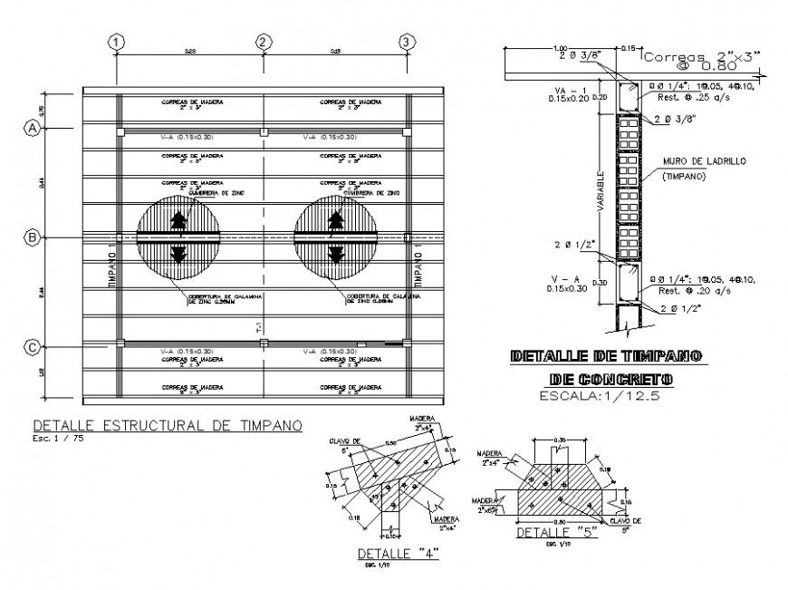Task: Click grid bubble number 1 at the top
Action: tap(118, 42)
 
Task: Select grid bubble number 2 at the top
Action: tap(263, 42)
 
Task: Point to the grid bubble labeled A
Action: tap(33, 129)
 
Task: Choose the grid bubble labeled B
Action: tap(33, 237)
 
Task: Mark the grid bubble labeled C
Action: tap(33, 346)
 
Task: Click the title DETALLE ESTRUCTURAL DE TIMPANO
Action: tap(168, 425)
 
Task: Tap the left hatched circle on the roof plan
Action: tap(178, 237)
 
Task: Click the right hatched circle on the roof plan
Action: tap(336, 237)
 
